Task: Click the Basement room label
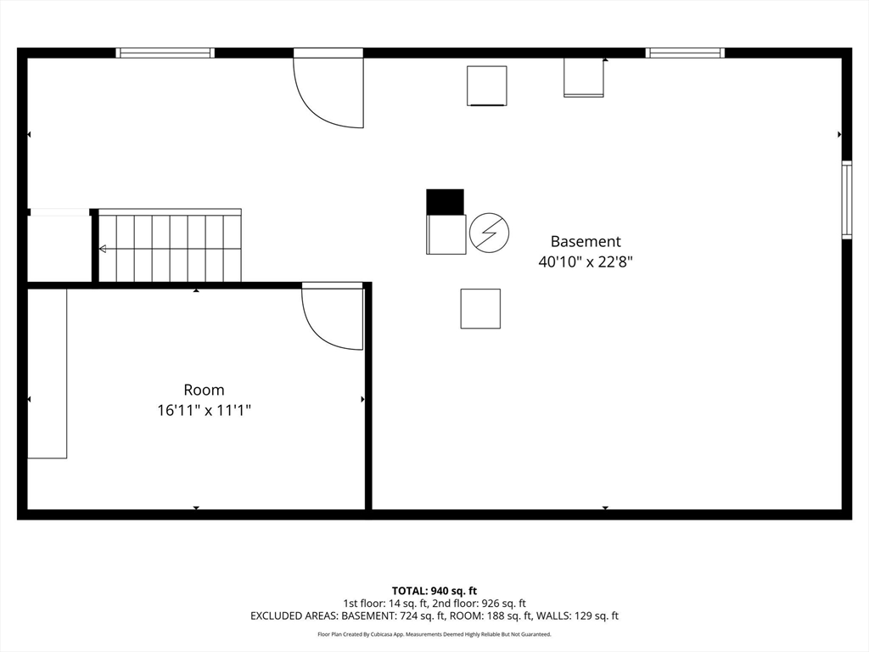(x=586, y=241)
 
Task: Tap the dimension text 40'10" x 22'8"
(x=586, y=261)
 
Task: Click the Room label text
(x=204, y=390)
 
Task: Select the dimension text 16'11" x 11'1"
(x=204, y=410)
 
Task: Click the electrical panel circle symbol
(x=489, y=233)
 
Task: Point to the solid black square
(x=445, y=202)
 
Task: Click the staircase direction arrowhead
(x=103, y=249)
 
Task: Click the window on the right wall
(x=847, y=200)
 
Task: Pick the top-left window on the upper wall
(x=165, y=53)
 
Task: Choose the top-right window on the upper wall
(x=685, y=53)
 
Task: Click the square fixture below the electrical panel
(x=480, y=309)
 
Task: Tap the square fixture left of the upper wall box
(x=486, y=86)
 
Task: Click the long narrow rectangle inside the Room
(x=48, y=374)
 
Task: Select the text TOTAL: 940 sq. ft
(x=434, y=591)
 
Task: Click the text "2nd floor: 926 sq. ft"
(x=476, y=604)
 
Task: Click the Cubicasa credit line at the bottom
(x=434, y=634)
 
